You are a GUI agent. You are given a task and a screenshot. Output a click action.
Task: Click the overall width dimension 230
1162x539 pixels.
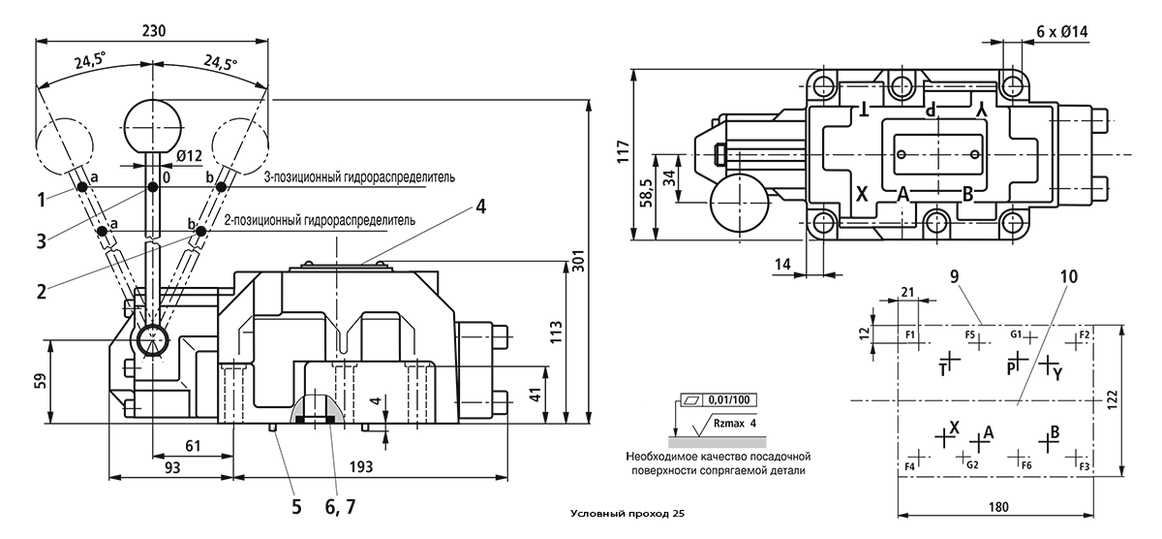click(154, 31)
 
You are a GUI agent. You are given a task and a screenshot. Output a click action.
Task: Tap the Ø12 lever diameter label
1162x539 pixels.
click(189, 156)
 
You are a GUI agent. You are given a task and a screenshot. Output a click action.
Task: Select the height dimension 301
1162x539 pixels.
click(579, 261)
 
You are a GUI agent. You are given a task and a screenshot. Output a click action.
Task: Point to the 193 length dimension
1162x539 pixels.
click(360, 466)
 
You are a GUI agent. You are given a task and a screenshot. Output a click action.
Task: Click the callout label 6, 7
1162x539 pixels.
click(340, 507)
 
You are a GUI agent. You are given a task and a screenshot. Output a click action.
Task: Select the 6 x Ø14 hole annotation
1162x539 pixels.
click(1062, 32)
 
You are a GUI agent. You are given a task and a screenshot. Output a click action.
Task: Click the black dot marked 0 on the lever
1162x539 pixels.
click(153, 187)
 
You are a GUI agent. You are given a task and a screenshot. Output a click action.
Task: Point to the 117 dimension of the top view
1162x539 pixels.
click(623, 151)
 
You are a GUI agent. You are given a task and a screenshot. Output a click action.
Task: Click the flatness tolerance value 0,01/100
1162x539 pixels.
click(729, 399)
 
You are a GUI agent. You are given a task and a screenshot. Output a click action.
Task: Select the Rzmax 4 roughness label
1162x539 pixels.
click(735, 424)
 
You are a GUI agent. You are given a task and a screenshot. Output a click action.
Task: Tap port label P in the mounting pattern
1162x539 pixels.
click(1011, 369)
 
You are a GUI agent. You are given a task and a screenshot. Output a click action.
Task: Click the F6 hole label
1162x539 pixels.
click(1026, 465)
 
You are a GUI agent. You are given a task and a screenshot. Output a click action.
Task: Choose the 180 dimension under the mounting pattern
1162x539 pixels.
click(998, 506)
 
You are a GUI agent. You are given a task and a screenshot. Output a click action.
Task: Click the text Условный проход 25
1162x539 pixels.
click(627, 514)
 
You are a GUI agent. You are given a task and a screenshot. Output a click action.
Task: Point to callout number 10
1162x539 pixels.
click(1069, 276)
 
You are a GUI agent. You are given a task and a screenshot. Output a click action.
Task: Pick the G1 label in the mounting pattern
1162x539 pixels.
click(1016, 333)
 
